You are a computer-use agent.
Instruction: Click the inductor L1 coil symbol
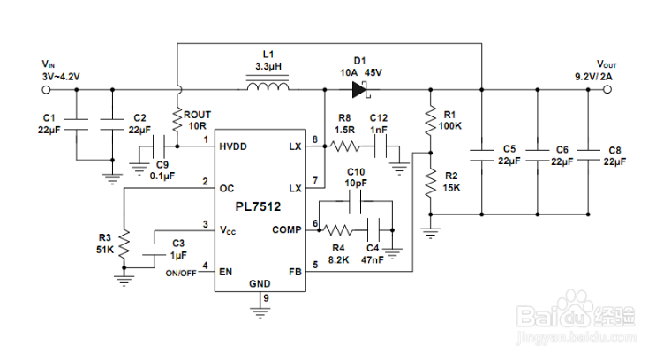268,87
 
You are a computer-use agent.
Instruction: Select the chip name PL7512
258,207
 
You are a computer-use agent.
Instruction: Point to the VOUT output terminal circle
607,88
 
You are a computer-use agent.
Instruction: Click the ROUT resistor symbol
177,116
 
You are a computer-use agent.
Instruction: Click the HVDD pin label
234,146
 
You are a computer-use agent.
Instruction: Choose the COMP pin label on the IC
285,230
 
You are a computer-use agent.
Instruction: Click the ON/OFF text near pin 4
180,274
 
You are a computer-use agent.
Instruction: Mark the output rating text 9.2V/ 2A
593,78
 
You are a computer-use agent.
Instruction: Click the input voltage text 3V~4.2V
61,77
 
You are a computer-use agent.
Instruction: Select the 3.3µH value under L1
268,67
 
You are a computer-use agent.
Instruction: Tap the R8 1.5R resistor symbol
343,146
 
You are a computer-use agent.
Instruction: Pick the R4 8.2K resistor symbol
340,229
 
